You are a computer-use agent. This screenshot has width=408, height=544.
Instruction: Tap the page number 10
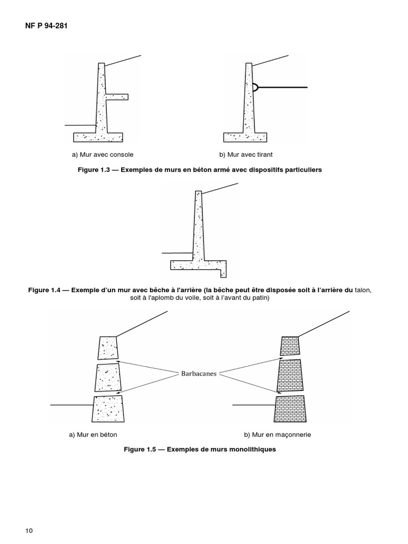click(29, 531)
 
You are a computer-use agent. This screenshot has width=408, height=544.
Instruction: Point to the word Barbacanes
click(199, 373)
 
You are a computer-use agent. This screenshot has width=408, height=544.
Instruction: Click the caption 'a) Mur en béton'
click(97, 435)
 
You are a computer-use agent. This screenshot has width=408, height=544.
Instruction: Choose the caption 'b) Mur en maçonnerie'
click(277, 435)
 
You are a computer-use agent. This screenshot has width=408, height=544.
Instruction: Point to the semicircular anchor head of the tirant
click(256, 87)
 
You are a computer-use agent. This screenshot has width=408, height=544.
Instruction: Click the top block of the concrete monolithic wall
click(107, 347)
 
